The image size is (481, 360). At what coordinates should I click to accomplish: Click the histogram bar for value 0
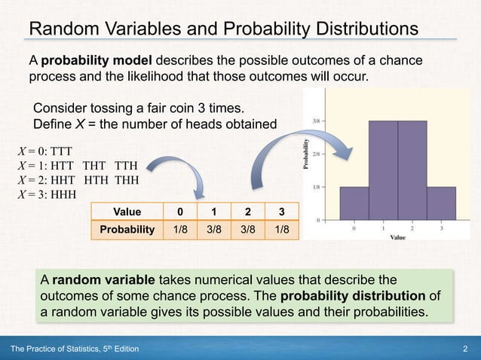354,203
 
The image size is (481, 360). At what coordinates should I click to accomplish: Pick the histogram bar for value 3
440,203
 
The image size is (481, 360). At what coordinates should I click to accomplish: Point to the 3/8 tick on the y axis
319,121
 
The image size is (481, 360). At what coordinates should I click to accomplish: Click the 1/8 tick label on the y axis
319,187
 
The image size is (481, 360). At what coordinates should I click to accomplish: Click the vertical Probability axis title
306,154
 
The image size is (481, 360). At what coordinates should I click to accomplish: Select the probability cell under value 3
280,229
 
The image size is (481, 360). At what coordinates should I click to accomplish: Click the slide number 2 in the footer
466,347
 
